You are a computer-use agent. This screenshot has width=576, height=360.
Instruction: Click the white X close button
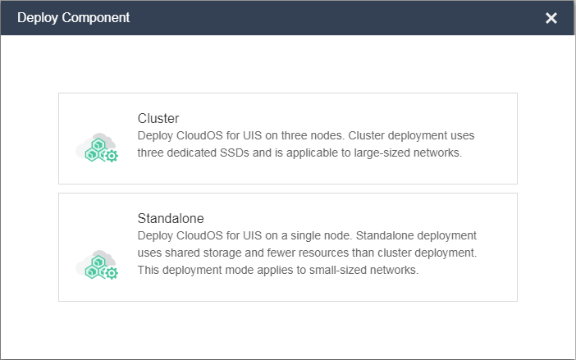tap(551, 18)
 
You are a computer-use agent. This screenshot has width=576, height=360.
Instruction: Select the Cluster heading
tap(158, 118)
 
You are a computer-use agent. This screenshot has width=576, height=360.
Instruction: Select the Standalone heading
tap(171, 219)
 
